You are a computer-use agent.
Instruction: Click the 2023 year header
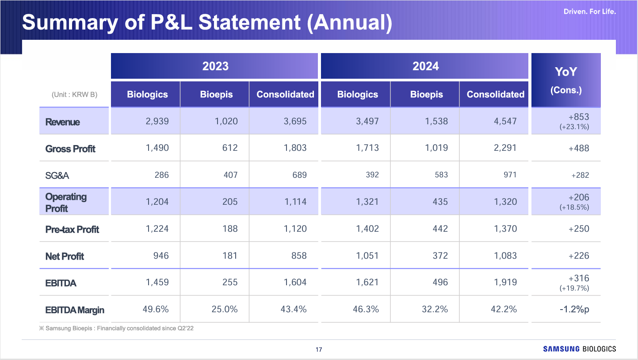[x=215, y=66]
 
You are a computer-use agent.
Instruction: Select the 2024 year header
[x=425, y=66]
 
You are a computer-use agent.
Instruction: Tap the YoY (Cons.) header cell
[x=566, y=80]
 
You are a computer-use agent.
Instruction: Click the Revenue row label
[x=63, y=122]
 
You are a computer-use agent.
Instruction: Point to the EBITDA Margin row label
[x=75, y=310]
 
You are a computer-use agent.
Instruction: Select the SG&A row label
[x=57, y=175]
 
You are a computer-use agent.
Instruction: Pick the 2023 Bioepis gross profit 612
[x=230, y=148]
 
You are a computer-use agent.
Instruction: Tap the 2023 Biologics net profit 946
[x=161, y=256]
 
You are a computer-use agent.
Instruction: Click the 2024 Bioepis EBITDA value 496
[x=440, y=282]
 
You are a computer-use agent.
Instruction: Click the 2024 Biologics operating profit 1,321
[x=367, y=202]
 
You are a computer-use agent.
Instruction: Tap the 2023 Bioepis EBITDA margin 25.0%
[x=225, y=309]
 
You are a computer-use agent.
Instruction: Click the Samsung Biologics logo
[x=579, y=349]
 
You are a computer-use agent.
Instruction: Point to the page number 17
[x=319, y=350]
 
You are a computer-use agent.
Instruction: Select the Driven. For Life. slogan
[x=589, y=11]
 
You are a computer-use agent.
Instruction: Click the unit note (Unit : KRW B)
[x=74, y=95]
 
